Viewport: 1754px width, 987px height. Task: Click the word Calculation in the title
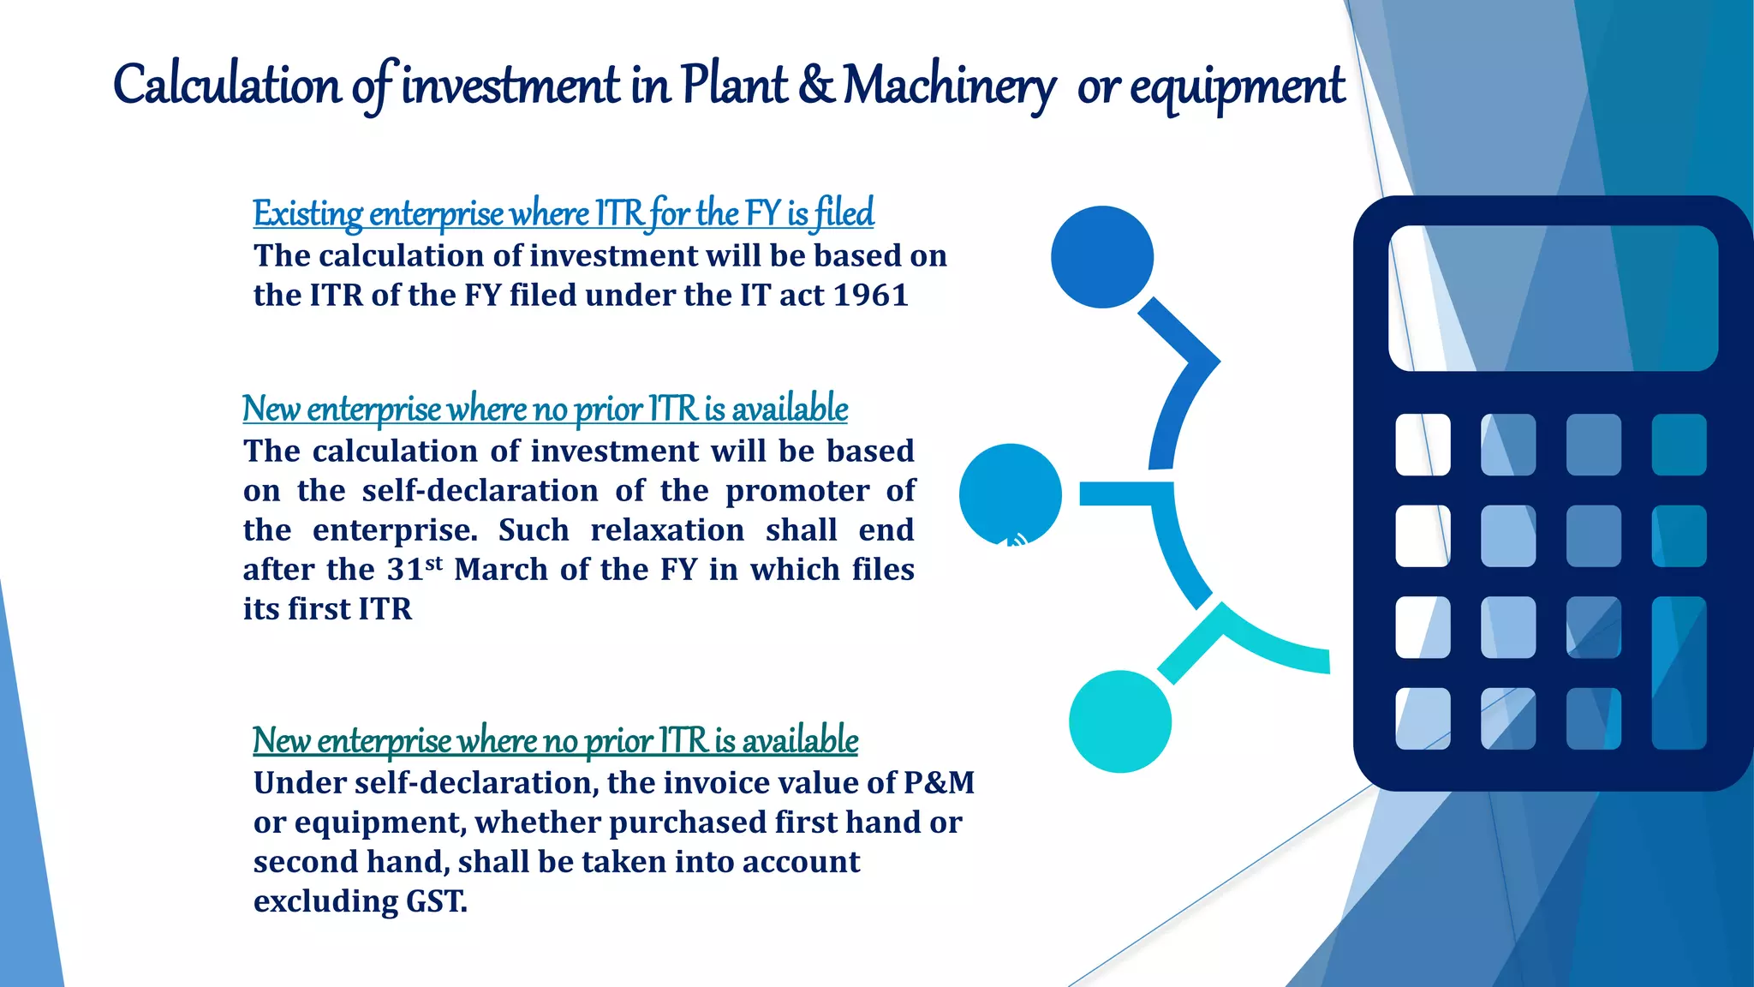coord(227,86)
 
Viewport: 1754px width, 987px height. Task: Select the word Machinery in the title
coord(949,86)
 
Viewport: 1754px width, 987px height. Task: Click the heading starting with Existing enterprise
coord(563,213)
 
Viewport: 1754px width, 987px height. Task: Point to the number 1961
coord(870,296)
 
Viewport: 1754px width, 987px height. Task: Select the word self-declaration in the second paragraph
coord(480,491)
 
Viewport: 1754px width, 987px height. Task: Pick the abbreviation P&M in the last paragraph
coord(939,782)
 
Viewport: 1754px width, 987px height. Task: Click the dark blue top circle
coord(1102,257)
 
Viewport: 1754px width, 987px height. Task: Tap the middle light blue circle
coord(1011,494)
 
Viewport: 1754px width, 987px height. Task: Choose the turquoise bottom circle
coord(1120,721)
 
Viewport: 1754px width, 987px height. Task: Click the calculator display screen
coord(1553,298)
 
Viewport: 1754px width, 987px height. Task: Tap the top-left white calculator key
coord(1423,445)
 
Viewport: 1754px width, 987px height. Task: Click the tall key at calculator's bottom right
coord(1679,673)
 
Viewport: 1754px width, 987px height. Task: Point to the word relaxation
coord(667,530)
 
